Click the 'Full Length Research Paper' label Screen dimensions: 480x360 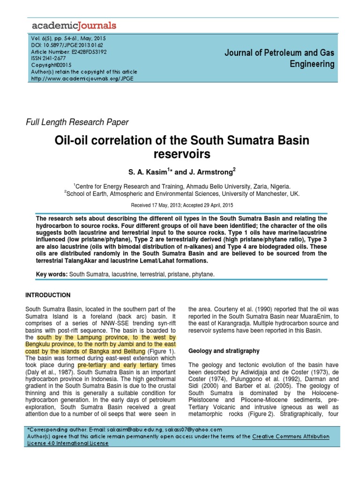pyautogui.click(x=77, y=122)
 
